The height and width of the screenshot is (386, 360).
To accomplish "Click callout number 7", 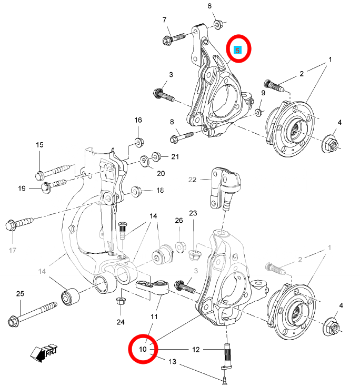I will pyautogui.click(x=165, y=20).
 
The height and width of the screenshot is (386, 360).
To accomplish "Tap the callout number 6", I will pyautogui.click(x=209, y=6).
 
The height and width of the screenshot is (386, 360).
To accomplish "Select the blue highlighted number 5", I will pyautogui.click(x=238, y=50).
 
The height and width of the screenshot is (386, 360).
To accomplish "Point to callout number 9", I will pyautogui.click(x=263, y=93).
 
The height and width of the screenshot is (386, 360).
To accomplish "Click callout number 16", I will pyautogui.click(x=138, y=120).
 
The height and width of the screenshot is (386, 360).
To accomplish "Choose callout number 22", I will pyautogui.click(x=192, y=180).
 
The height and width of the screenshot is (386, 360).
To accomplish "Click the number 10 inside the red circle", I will pyautogui.click(x=143, y=349).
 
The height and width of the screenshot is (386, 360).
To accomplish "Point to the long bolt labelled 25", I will pyautogui.click(x=32, y=313).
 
